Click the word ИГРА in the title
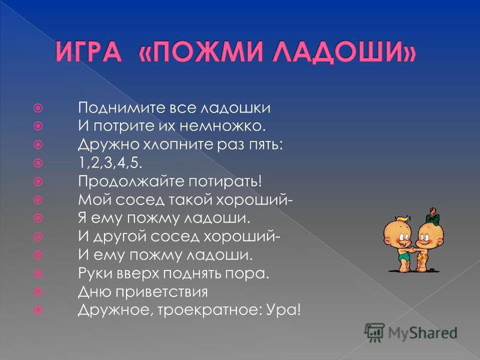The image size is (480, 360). coord(89,52)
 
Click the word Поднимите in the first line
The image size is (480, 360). coord(122,108)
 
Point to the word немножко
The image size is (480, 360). coord(222,126)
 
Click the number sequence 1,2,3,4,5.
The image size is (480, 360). coord(110,163)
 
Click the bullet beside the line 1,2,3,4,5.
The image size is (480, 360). coord(38,163)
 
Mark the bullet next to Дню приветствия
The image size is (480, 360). coord(38,292)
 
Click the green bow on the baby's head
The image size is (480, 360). coord(432,218)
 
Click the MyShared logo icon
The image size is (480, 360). coord(374,332)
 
